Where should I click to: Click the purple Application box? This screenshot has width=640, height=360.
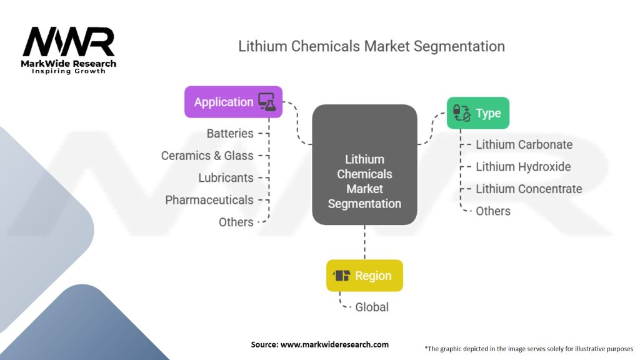[x=234, y=102]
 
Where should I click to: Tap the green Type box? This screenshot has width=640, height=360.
[x=478, y=113]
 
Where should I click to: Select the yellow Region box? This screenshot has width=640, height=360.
[x=364, y=276]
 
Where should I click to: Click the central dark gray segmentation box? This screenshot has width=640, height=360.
[x=364, y=164]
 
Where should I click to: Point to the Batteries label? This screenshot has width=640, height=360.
[x=230, y=134]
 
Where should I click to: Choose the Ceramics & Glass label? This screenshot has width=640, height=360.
[x=207, y=156]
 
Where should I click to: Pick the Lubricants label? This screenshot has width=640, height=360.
[x=226, y=178]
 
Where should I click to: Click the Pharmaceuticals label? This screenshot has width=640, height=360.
[x=209, y=200]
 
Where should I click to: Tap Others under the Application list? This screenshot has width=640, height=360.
[x=236, y=222]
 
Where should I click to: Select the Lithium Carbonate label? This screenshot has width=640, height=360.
[x=524, y=144]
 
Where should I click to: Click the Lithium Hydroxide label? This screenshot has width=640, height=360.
[x=523, y=166]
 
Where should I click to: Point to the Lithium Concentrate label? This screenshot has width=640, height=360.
[x=529, y=189]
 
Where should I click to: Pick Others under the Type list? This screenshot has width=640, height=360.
[x=493, y=211]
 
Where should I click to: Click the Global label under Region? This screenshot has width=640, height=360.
[x=372, y=307]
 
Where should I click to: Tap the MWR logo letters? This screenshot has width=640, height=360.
[x=69, y=42]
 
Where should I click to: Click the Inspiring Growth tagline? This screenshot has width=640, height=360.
[x=69, y=71]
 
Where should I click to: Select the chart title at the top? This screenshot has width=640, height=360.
[x=371, y=46]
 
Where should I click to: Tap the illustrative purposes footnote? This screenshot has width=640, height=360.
[x=529, y=349]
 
